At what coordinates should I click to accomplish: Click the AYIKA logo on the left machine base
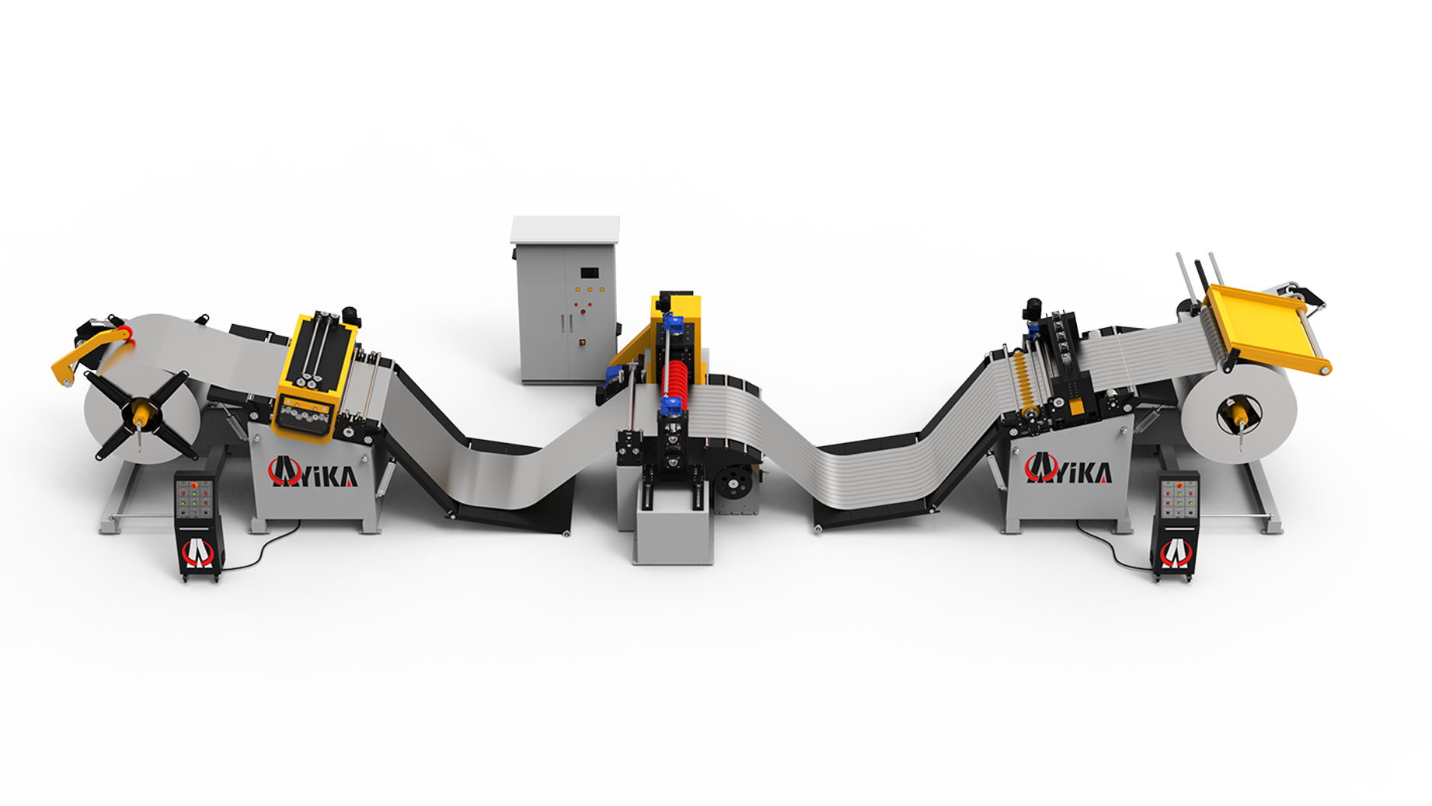coord(313,472)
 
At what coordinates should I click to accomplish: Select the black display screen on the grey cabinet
coord(591,273)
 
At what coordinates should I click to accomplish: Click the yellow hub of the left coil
coord(141,413)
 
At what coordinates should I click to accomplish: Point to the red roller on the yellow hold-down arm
coord(128,333)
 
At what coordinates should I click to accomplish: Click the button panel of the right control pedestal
coord(1178,499)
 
